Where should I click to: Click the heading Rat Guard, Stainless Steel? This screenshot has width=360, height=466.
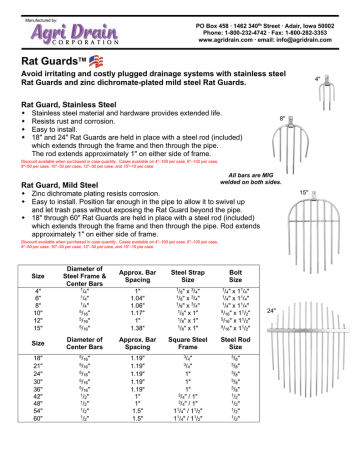(71, 102)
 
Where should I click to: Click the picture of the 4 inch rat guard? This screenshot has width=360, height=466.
(334, 88)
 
